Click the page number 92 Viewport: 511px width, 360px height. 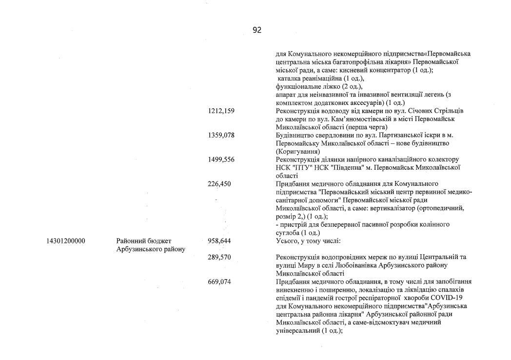coord(257,30)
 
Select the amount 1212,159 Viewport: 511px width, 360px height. coord(221,111)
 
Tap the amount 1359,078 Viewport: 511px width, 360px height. coord(221,135)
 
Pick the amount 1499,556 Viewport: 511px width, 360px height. coord(221,160)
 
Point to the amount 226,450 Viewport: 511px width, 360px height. coord(219,184)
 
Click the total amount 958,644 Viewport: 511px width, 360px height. coord(219,241)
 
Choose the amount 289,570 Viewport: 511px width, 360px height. coord(219,257)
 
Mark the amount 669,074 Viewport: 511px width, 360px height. coord(219,281)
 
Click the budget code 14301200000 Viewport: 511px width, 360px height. coord(66,241)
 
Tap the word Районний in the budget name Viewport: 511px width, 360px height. coord(131,241)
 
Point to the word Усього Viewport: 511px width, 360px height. coord(288,241)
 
